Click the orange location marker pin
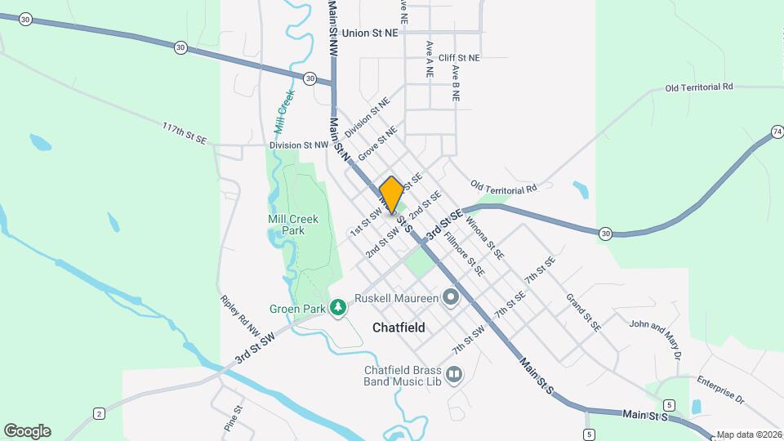tap(391, 194)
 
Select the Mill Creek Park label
tap(286, 225)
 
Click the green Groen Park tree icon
tap(337, 307)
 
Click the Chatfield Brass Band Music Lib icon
tap(454, 375)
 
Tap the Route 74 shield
tap(776, 131)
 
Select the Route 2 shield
tap(99, 413)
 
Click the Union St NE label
tap(371, 33)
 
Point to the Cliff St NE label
tap(459, 58)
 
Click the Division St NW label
tap(299, 145)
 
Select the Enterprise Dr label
tap(721, 390)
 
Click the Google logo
tap(27, 430)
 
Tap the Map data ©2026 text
tap(749, 435)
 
